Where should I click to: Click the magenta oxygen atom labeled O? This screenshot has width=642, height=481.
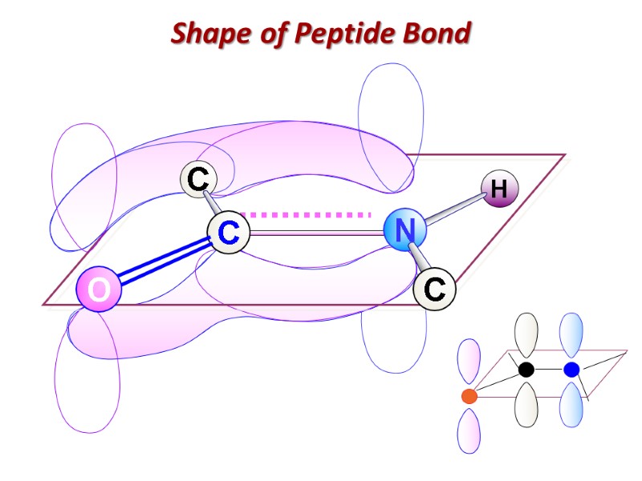[x=99, y=290]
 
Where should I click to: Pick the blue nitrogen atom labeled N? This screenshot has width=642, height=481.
[x=405, y=231]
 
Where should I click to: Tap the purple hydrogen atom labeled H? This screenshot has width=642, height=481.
[x=499, y=190]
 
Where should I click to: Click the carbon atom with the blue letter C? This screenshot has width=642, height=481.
[x=229, y=233]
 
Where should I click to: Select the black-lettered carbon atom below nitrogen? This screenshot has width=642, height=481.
[x=434, y=289]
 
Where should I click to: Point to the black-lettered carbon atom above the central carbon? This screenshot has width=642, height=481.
[x=197, y=179]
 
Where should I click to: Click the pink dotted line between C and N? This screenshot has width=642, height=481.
[x=309, y=215]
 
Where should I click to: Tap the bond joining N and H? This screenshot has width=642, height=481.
[x=453, y=210]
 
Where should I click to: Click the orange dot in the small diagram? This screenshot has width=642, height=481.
[x=469, y=396]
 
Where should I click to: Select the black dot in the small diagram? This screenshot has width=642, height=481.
[x=526, y=370]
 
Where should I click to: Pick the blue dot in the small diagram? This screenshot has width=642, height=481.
[x=571, y=370]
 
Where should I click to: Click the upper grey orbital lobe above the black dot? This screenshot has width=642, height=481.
[x=526, y=334]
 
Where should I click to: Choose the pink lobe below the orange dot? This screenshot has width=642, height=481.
[x=468, y=430]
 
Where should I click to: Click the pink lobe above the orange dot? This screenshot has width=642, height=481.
[x=468, y=361]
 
